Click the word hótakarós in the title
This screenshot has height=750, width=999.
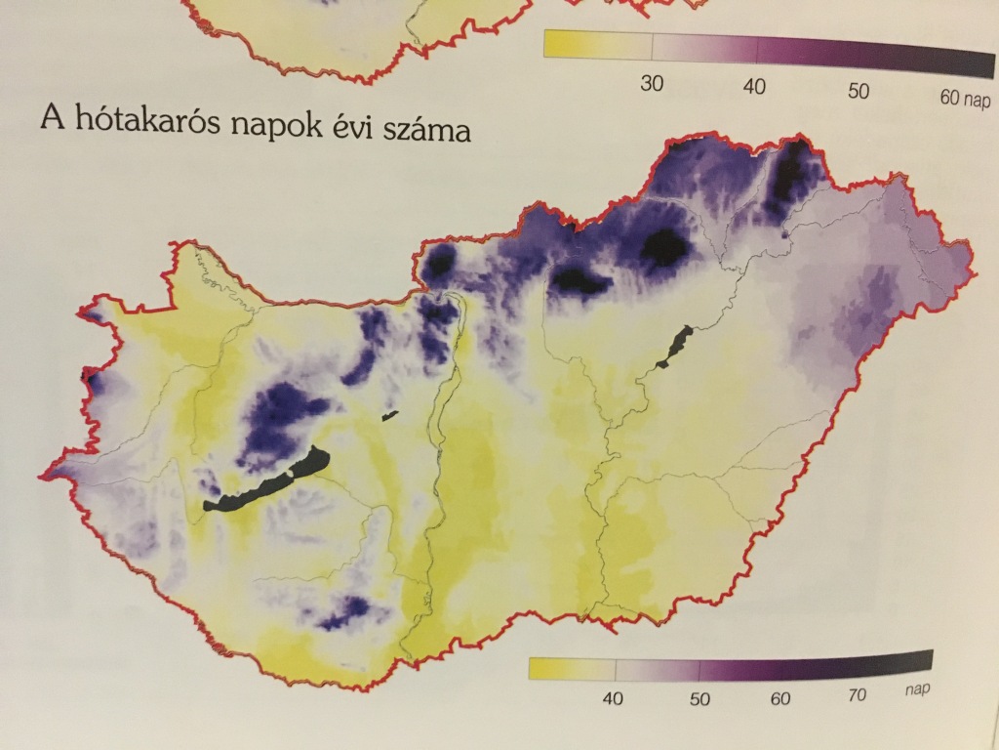136,122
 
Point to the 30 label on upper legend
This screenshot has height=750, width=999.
652,84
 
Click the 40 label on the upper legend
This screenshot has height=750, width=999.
754,88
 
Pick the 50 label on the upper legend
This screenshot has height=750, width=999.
858,92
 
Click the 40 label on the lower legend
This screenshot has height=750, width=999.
614,698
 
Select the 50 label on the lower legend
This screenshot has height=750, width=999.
699,699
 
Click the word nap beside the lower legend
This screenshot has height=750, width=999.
915,688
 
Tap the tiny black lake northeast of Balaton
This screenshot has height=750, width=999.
390,415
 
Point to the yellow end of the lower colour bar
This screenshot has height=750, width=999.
546,669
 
